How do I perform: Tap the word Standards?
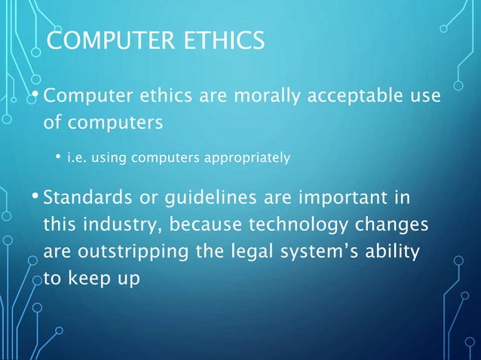pos(87,200)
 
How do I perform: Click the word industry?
pos(122,225)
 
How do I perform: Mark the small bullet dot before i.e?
pos(57,157)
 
